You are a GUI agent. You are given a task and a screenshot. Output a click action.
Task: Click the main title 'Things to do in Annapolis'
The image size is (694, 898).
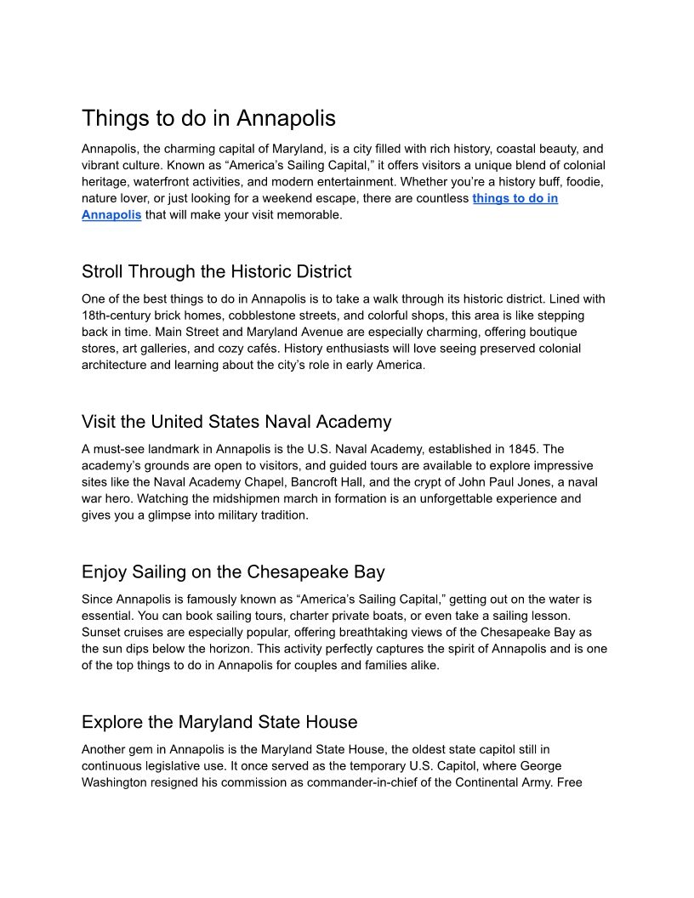(x=208, y=117)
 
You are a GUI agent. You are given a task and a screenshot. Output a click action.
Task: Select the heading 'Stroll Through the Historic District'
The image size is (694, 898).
(x=216, y=272)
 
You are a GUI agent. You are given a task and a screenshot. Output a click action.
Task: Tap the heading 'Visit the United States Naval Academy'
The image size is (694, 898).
(x=236, y=422)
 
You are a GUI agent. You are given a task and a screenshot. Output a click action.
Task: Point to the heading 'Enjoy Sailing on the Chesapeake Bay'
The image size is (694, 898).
(x=233, y=571)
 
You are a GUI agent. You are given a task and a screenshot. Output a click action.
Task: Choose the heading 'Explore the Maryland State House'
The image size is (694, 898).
(x=219, y=722)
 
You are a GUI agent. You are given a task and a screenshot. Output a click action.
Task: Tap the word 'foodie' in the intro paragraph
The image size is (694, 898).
(x=583, y=182)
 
